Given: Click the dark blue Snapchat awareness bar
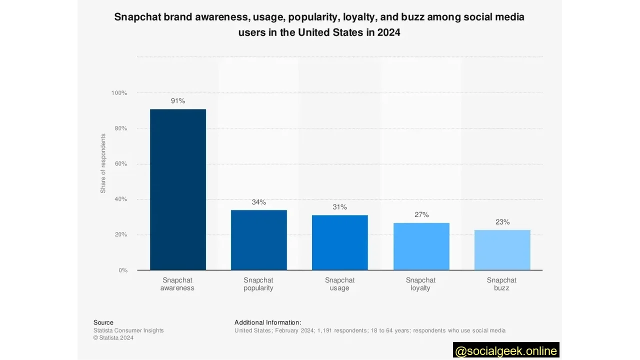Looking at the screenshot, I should click(x=177, y=189).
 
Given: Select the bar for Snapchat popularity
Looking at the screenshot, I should click(x=258, y=240).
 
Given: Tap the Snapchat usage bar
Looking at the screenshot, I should click(x=339, y=242).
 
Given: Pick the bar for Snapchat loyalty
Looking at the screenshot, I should click(x=421, y=246).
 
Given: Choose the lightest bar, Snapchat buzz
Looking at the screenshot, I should click(x=502, y=250).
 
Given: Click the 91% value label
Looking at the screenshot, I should click(x=177, y=101).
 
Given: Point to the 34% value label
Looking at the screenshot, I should click(x=258, y=202).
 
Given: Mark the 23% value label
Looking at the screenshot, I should click(x=502, y=222).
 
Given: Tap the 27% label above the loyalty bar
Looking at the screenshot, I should click(x=421, y=214).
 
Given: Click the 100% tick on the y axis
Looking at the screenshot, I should click(x=119, y=93).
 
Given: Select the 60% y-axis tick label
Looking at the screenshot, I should click(x=120, y=164).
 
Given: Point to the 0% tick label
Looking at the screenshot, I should click(x=122, y=270).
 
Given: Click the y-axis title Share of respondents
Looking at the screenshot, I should click(x=103, y=163).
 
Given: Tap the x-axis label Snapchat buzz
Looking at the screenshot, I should click(x=501, y=284).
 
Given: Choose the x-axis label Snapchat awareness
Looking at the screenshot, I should click(x=177, y=284).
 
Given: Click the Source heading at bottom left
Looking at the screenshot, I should click(x=103, y=322).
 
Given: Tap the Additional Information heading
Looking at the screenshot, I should click(x=267, y=322).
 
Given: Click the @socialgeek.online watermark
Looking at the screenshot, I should click(x=506, y=350).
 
